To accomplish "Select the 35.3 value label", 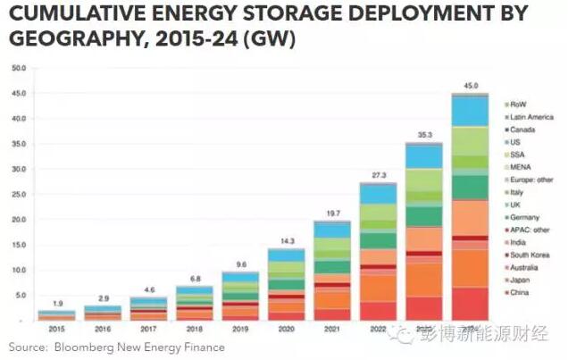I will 423,135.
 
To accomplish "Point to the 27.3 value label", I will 377,175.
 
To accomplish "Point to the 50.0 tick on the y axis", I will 18,68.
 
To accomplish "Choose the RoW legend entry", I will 520,105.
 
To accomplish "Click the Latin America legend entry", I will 532,117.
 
